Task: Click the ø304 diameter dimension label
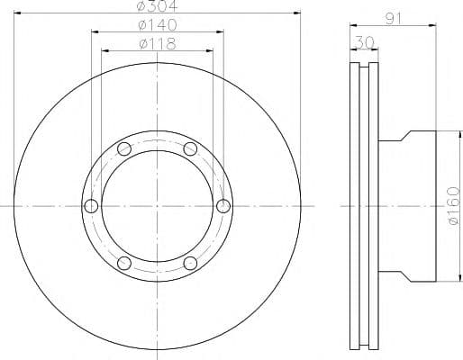(x=157, y=5)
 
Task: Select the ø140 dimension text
(x=158, y=25)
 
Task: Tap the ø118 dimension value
(x=158, y=44)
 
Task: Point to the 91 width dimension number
(x=394, y=20)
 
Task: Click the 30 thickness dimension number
(x=364, y=42)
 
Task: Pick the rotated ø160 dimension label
(x=453, y=205)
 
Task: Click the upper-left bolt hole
(x=124, y=148)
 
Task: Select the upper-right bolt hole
(x=190, y=148)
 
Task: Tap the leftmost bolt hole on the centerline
(x=91, y=206)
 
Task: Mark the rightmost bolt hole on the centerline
(x=223, y=206)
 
